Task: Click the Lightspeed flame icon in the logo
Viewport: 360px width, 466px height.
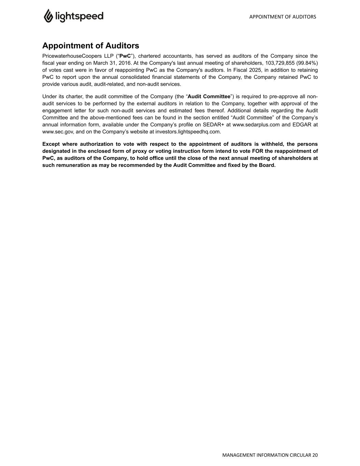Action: tap(48, 16)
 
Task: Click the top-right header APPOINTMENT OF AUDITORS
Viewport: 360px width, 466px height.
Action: tap(283, 17)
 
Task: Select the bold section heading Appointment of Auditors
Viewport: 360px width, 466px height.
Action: tap(90, 46)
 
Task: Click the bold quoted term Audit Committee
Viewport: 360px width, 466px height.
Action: tap(209, 97)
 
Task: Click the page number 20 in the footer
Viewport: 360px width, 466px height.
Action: tap(315, 455)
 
